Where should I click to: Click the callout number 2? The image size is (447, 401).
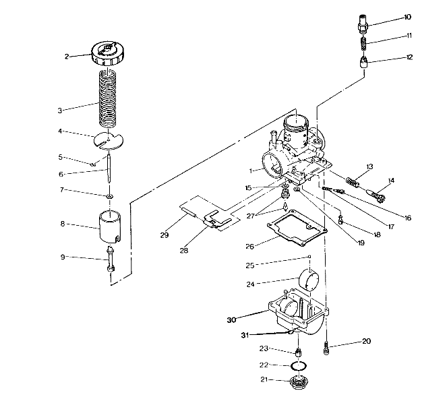67,57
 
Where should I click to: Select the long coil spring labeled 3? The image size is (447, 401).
107,98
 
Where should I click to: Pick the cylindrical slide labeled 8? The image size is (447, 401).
109,227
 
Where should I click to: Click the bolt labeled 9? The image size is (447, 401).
109,260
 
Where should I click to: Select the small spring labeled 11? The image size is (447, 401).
363,47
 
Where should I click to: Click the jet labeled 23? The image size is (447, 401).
297,352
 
